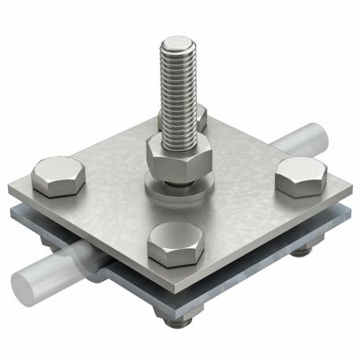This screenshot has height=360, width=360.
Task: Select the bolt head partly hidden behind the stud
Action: point(200,118)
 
